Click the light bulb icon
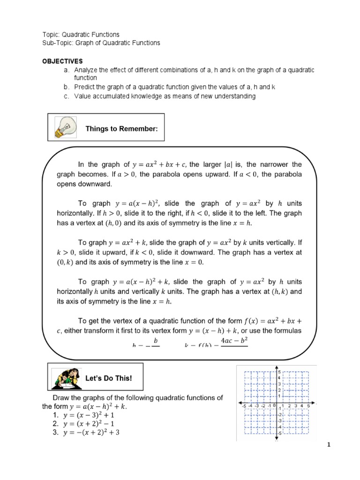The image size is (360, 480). point(63,127)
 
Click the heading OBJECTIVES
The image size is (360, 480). point(62,61)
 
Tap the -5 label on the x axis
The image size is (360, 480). point(243,405)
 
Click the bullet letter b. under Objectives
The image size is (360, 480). point(67,87)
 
